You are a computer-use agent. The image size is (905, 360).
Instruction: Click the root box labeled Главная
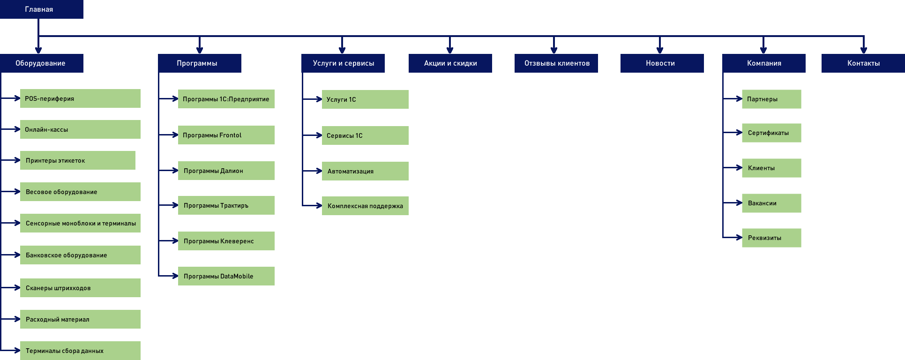pos(42,9)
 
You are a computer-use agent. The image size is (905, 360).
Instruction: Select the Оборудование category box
pos(42,63)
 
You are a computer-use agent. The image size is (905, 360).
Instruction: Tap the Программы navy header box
pos(200,63)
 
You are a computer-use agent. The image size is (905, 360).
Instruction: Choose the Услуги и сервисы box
pos(343,63)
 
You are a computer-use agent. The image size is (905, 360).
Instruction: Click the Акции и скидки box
pos(450,63)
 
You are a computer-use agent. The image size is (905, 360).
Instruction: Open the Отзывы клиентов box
pos(556,63)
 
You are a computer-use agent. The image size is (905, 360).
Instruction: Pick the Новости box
pos(662,63)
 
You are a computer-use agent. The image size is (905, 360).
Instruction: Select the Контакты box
pos(863,63)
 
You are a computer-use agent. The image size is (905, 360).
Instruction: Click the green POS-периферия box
pos(80,98)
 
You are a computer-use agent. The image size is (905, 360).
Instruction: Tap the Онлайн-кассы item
pos(80,129)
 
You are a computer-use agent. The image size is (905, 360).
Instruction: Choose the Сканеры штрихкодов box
pos(80,288)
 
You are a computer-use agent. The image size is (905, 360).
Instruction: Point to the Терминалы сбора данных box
pos(80,351)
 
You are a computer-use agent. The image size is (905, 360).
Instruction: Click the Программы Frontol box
pos(226,135)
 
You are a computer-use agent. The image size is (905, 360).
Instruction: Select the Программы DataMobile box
pos(226,276)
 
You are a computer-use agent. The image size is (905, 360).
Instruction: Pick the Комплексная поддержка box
pos(365,206)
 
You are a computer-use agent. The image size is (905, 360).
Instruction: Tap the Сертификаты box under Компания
pos(772,133)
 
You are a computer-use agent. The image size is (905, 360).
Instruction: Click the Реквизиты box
pos(772,238)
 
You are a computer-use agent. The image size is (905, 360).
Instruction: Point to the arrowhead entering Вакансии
pos(740,203)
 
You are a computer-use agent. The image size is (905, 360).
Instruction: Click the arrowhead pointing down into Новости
pos(660,51)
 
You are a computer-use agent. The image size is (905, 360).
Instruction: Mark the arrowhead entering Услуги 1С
pos(319,99)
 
